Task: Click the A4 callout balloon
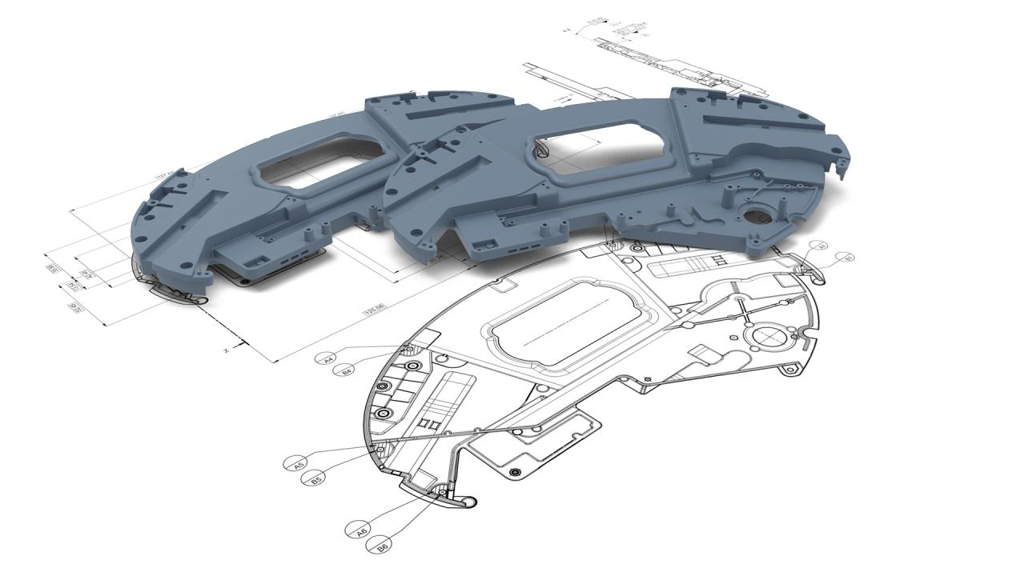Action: click(x=328, y=359)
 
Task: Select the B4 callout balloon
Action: click(x=347, y=370)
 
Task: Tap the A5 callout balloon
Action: click(x=296, y=463)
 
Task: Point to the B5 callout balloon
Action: click(x=316, y=478)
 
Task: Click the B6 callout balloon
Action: click(x=380, y=546)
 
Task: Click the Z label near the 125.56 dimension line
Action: click(x=227, y=350)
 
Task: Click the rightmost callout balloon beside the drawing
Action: click(x=846, y=257)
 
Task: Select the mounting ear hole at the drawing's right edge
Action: click(x=792, y=367)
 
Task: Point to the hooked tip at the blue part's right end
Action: click(x=840, y=166)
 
